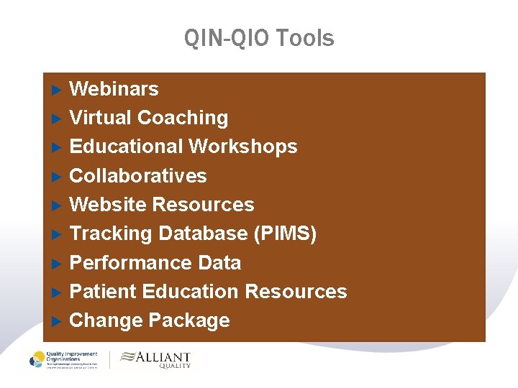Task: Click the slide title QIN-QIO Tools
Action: tap(259, 37)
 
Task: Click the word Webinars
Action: tap(114, 89)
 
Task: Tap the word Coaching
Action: tap(183, 118)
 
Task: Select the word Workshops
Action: tap(243, 147)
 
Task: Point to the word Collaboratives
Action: tap(137, 176)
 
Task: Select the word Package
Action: tap(190, 320)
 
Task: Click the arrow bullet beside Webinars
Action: tap(58, 90)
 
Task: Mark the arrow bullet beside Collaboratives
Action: tap(58, 177)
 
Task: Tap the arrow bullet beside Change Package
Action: tap(58, 321)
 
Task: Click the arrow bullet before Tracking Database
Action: tap(58, 234)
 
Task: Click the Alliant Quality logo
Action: tap(155, 359)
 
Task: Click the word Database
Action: tap(203, 234)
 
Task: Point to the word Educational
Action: tap(126, 147)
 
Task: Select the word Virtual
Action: tap(100, 118)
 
